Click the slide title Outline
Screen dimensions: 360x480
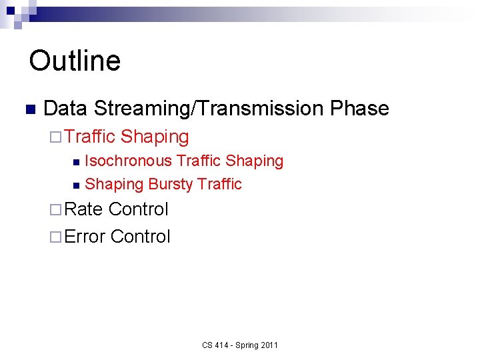(75, 61)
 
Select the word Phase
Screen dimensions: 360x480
(359, 109)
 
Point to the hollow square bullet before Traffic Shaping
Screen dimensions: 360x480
(54, 137)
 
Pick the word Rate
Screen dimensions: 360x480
(84, 209)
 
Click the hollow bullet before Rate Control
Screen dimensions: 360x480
(54, 210)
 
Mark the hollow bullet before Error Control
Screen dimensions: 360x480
(54, 237)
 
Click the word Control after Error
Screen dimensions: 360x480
(141, 237)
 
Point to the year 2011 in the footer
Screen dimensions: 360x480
(269, 345)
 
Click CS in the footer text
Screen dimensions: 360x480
(207, 345)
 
